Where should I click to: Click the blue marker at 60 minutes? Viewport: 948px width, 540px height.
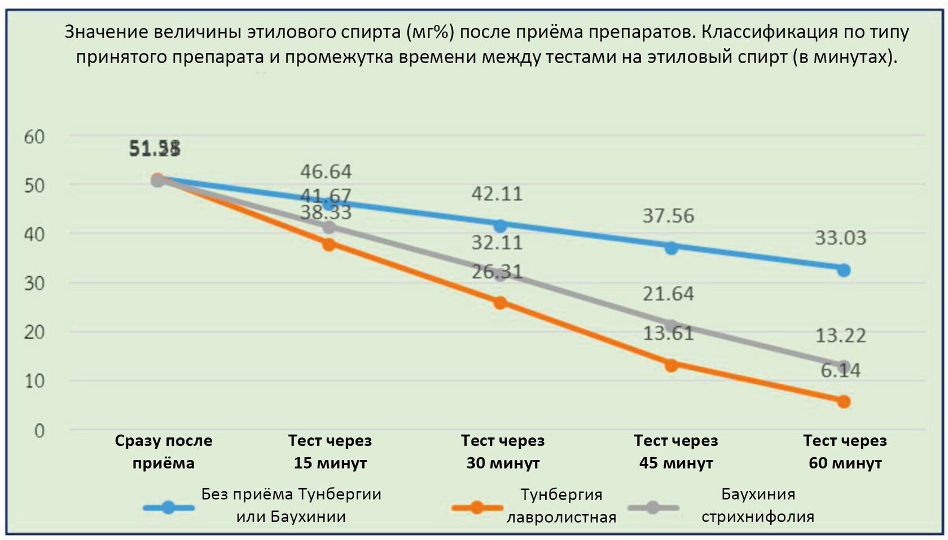844,270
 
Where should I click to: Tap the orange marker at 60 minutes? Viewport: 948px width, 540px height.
844,401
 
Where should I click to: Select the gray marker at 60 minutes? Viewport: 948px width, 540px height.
844,366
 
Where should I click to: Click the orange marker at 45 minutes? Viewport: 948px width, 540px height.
671,365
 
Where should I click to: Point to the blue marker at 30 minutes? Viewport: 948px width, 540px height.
500,226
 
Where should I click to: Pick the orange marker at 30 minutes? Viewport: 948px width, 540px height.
500,303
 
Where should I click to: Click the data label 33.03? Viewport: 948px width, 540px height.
840,238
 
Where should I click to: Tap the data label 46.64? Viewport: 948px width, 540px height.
326,171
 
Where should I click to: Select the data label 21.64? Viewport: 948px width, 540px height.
668,294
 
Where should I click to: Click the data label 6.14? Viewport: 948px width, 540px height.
840,370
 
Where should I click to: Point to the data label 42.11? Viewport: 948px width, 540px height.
497,194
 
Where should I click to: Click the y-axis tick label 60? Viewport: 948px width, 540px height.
34,136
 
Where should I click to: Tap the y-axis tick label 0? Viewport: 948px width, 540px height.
39,431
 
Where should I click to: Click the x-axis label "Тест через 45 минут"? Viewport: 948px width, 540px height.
675,452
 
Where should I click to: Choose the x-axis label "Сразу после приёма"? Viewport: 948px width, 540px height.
164,452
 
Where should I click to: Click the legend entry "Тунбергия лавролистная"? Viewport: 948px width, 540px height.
561,506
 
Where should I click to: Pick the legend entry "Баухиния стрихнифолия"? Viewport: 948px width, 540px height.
757,505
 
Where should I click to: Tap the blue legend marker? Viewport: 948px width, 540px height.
169,507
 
